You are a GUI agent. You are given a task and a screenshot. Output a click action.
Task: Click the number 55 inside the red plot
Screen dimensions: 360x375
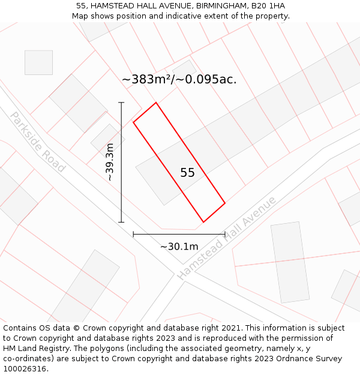click(x=187, y=173)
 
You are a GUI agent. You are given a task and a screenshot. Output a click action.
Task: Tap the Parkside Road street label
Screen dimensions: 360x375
click(x=37, y=142)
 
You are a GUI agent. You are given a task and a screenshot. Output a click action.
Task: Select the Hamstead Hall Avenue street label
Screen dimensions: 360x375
click(x=227, y=238)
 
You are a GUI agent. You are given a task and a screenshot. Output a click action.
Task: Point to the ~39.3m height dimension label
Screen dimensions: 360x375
click(x=110, y=162)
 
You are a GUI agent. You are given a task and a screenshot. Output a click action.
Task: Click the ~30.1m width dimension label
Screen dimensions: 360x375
click(x=179, y=246)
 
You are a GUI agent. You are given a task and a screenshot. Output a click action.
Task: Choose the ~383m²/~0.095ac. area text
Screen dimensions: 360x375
click(x=179, y=79)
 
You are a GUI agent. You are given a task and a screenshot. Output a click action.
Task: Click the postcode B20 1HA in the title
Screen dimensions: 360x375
click(x=268, y=6)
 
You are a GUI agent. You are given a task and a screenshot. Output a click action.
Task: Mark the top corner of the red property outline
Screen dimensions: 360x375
click(x=156, y=103)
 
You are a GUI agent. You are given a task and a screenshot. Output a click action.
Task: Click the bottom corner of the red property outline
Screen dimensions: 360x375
click(x=203, y=222)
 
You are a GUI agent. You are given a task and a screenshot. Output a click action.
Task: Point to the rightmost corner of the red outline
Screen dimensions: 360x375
click(x=225, y=203)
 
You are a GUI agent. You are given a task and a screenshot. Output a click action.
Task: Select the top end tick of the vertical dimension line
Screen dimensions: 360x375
click(x=122, y=103)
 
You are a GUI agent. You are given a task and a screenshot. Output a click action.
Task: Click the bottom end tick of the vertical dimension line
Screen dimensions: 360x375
click(x=122, y=222)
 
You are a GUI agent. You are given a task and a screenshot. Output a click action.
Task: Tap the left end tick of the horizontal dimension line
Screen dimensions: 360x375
click(x=133, y=234)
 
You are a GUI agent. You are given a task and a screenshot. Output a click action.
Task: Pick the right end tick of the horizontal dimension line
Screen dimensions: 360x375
click(x=225, y=234)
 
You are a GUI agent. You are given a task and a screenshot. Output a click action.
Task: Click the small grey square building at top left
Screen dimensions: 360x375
click(x=38, y=62)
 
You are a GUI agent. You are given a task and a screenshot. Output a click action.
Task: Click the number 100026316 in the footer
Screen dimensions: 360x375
click(x=25, y=369)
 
